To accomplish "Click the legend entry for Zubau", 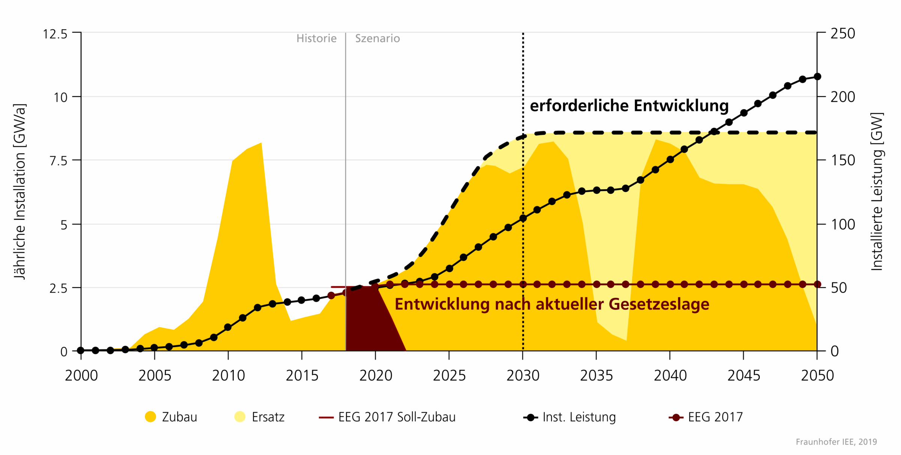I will (171, 417).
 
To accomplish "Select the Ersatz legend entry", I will (259, 417).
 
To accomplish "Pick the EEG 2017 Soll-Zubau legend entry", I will (387, 417).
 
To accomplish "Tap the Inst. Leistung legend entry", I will (570, 417).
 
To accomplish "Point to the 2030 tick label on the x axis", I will (523, 375).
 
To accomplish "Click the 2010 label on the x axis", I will (228, 375).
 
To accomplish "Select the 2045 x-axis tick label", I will (743, 375).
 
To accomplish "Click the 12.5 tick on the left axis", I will (55, 34).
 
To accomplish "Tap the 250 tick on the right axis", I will (843, 33).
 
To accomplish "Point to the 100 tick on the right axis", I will (843, 224).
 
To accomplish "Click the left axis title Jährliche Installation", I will (20, 191).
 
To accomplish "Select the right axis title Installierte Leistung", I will (877, 191).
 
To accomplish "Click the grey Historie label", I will (316, 38).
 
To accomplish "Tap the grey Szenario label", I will (377, 38).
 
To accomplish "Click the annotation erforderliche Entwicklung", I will (629, 106).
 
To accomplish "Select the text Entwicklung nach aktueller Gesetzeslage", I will (552, 304).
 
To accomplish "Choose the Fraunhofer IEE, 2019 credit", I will (836, 442).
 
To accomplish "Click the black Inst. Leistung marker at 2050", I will (817, 77).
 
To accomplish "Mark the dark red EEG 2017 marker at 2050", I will (817, 285).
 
